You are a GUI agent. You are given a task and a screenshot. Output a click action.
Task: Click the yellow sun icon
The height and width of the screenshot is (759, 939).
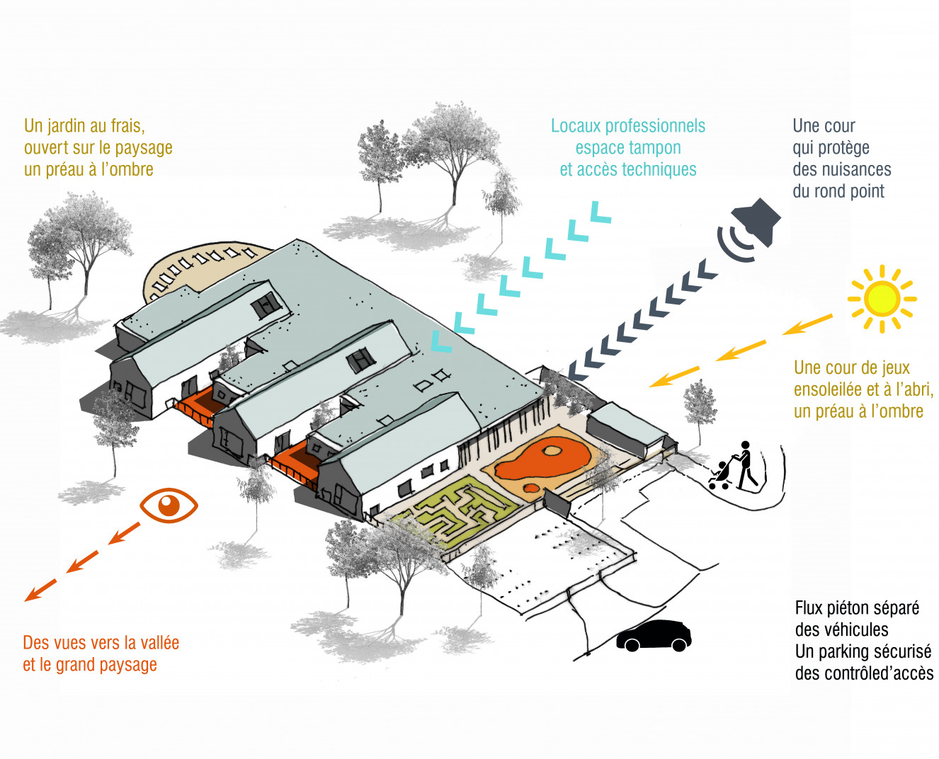pyautogui.click(x=882, y=298)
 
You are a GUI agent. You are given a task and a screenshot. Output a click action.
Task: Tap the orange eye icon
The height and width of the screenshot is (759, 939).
pyautogui.click(x=169, y=505)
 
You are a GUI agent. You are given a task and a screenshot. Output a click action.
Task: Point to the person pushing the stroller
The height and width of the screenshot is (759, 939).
pyautogui.click(x=744, y=465)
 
